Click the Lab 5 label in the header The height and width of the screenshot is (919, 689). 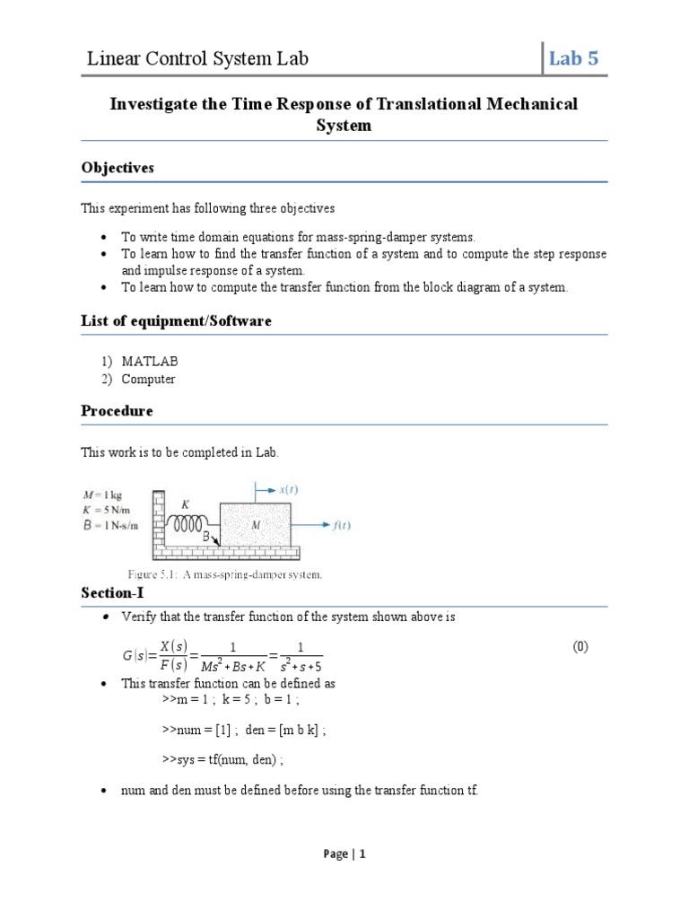[x=574, y=59]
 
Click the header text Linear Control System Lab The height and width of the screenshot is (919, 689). [x=197, y=59]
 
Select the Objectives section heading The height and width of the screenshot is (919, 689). [x=118, y=168]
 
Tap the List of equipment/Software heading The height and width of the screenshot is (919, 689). [x=176, y=320]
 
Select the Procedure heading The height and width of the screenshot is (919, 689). [x=117, y=411]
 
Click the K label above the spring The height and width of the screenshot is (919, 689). [x=186, y=505]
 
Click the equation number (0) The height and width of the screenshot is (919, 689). [x=580, y=647]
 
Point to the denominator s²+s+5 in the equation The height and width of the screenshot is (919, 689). [x=299, y=666]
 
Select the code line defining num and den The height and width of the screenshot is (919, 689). [x=244, y=731]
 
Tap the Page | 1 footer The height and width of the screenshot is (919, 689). [x=344, y=854]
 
